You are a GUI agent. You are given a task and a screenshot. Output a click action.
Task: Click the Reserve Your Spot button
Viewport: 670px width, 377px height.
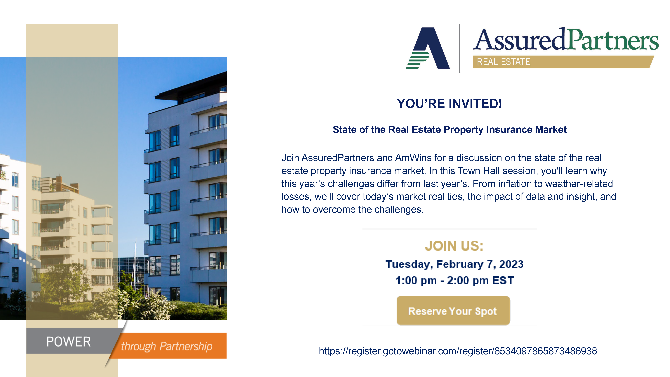(453, 311)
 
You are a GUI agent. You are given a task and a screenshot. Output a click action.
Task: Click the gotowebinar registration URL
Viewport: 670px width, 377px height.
(458, 351)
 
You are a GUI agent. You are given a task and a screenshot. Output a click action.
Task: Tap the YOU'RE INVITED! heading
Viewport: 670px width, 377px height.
(449, 104)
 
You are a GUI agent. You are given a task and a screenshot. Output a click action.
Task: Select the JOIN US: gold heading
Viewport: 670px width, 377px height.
(454, 246)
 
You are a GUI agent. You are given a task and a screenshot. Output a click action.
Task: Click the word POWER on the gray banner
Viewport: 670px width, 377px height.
(68, 342)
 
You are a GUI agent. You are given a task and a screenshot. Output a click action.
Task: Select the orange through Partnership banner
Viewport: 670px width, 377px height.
(168, 346)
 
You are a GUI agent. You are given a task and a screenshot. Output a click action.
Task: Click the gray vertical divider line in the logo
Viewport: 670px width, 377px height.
(460, 48)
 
